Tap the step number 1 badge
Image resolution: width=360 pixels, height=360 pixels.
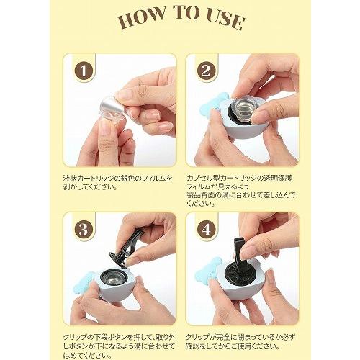pos(84,71)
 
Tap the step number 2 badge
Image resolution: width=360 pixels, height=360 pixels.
pos(206,71)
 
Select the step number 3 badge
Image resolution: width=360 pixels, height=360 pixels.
pos(84,230)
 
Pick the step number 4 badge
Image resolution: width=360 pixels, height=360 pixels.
pos(206,230)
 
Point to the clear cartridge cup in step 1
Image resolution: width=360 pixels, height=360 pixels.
pos(111,114)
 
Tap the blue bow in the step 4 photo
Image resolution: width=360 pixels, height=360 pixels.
pos(210,269)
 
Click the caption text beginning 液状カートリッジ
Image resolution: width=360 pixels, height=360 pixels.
pos(117,182)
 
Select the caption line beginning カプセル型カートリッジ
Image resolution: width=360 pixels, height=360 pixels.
pos(239,179)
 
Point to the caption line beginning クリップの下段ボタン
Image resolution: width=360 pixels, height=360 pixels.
pos(120,337)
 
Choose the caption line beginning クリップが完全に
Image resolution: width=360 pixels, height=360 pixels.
pos(240,337)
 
